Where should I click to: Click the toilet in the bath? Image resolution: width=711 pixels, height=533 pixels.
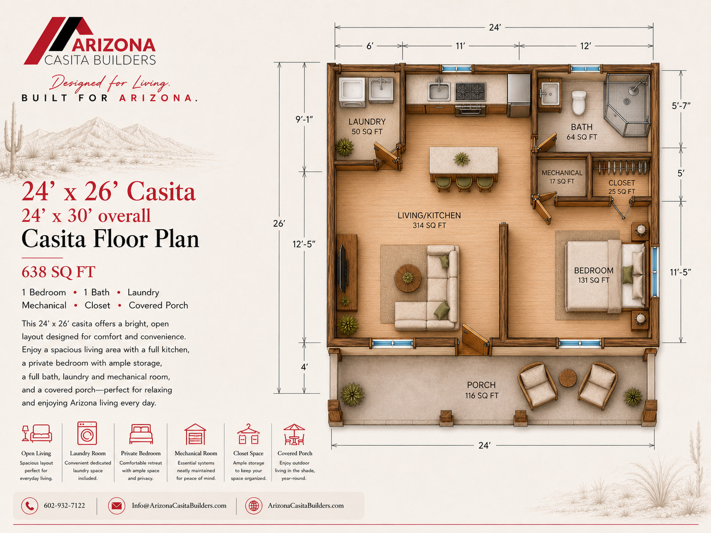pyautogui.click(x=579, y=103)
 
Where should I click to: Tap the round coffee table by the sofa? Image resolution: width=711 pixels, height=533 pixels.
pyautogui.click(x=408, y=278)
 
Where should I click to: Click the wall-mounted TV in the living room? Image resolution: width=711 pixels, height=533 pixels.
pyautogui.click(x=343, y=269)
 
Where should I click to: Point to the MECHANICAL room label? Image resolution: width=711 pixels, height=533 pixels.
pyautogui.click(x=562, y=173)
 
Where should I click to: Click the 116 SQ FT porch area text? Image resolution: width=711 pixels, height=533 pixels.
pyautogui.click(x=482, y=396)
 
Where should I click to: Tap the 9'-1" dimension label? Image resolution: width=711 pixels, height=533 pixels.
pyautogui.click(x=304, y=119)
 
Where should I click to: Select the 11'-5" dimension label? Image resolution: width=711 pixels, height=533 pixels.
pyautogui.click(x=680, y=272)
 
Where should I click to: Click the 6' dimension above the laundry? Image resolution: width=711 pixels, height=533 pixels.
pyautogui.click(x=370, y=46)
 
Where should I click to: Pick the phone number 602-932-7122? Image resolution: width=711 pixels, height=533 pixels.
pyautogui.click(x=64, y=506)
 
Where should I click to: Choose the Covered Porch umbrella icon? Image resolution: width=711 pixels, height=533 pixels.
pyautogui.click(x=294, y=434)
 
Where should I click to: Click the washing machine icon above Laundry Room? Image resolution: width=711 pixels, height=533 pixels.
pyautogui.click(x=87, y=433)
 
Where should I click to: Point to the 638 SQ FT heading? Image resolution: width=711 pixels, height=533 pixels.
pyautogui.click(x=58, y=272)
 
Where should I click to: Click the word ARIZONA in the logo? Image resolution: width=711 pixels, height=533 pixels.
pyautogui.click(x=113, y=45)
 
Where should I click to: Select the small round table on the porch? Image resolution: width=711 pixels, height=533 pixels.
pyautogui.click(x=568, y=378)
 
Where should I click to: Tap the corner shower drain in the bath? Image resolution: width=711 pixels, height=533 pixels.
pyautogui.click(x=627, y=102)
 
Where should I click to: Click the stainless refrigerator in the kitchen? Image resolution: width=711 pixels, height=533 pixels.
pyautogui.click(x=519, y=95)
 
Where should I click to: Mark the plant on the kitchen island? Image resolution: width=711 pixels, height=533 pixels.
pyautogui.click(x=462, y=159)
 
